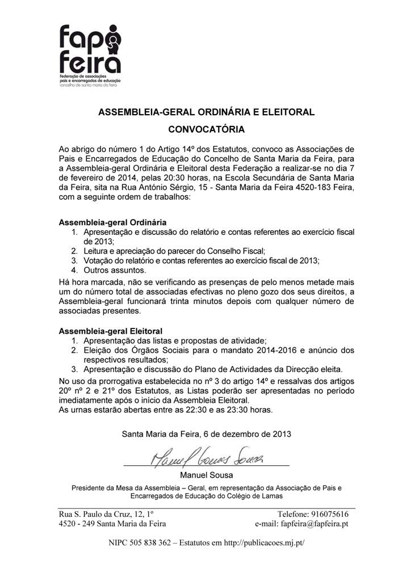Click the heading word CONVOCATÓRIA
tap(207, 129)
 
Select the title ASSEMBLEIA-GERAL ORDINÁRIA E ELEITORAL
tap(207, 112)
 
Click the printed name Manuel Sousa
tap(206, 474)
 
